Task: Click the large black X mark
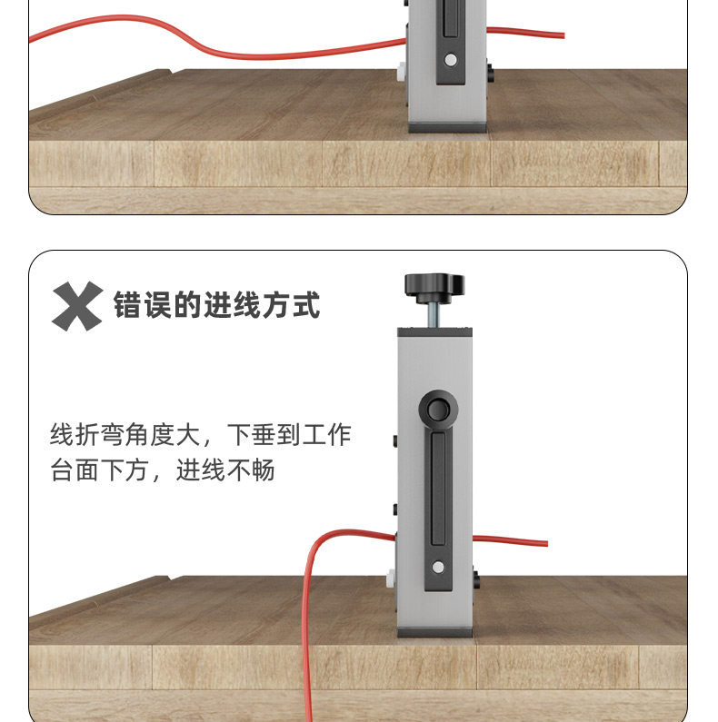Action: [76, 306]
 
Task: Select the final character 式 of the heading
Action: [307, 306]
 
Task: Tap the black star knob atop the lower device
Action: [434, 285]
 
